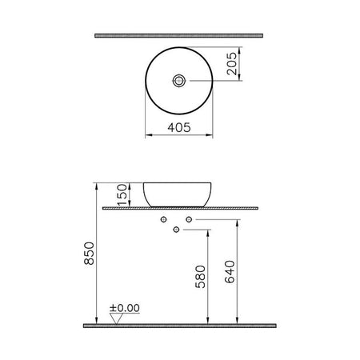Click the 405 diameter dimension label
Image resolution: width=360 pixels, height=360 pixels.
coord(179,127)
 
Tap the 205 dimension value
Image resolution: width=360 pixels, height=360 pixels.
coord(232,63)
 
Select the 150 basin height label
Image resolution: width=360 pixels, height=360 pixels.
coord(122,194)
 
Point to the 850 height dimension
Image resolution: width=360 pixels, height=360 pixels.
coord(89,254)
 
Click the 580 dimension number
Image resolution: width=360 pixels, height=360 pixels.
coord(201,277)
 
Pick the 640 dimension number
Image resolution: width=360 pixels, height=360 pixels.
coord(230,272)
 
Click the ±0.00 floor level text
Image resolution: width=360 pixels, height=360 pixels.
coord(125,308)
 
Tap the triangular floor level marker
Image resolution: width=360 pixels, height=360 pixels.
coord(116,318)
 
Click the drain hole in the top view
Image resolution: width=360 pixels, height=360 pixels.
coord(178,80)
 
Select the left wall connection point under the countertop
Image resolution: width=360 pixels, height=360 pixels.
coord(163,219)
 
